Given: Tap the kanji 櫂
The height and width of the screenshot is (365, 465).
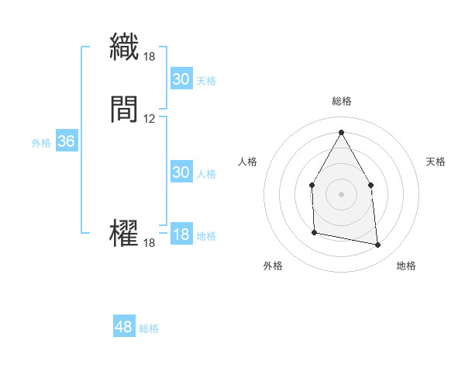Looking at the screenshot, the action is (124, 233).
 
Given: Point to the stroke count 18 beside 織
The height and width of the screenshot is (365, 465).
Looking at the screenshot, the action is (150, 56).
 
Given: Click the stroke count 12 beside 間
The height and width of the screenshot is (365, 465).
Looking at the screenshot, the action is (150, 119).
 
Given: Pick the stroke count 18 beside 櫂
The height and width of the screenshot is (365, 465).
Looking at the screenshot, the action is (150, 243).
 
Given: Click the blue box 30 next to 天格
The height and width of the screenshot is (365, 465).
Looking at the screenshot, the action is (181, 78).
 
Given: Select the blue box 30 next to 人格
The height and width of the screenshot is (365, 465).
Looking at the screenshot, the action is (181, 172).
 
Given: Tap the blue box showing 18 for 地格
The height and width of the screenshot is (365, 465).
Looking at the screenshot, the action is (181, 235).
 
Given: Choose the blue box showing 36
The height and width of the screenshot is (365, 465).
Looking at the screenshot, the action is (66, 141).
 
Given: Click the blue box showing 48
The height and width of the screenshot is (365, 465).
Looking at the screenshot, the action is (124, 327).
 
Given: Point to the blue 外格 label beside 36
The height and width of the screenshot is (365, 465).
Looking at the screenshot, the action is (41, 143).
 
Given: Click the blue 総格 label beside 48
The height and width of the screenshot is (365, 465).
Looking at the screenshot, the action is (149, 328).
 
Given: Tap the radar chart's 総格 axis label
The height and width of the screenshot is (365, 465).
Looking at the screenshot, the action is (341, 101).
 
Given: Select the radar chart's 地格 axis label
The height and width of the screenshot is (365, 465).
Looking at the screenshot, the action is (406, 266).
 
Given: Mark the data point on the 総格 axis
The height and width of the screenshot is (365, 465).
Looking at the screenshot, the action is (341, 132).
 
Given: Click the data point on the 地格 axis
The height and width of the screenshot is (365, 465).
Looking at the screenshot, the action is (378, 245).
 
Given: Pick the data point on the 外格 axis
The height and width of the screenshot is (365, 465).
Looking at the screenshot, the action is (314, 231).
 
